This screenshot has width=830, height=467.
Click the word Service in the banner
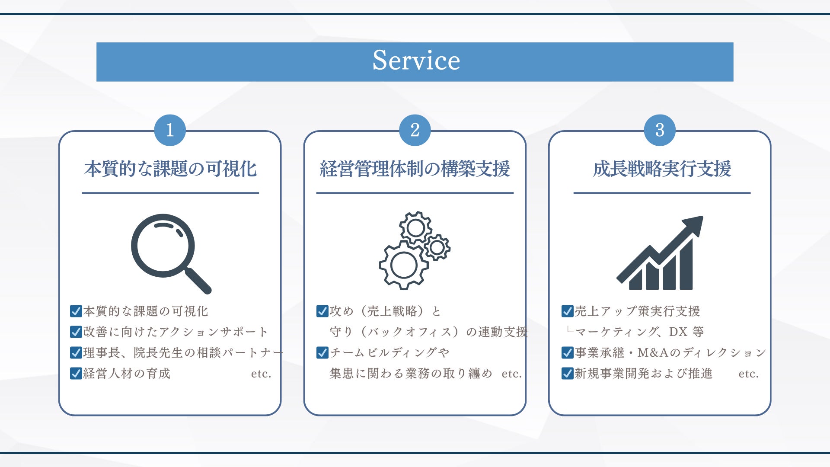tap(416, 61)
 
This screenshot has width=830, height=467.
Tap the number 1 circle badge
tap(170, 130)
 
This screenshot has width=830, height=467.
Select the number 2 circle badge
tap(415, 130)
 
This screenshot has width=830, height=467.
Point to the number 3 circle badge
tap(660, 130)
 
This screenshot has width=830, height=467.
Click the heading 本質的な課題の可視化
tap(170, 169)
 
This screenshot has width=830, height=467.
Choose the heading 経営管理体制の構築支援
tap(415, 169)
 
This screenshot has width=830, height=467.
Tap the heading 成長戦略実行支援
tap(662, 169)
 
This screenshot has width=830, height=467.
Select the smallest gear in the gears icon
tap(437, 248)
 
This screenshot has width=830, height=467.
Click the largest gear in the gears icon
tap(403, 265)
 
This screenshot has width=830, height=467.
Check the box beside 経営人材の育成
tap(76, 374)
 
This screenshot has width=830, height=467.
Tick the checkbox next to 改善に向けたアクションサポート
tap(76, 332)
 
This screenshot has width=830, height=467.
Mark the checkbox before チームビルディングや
tap(322, 353)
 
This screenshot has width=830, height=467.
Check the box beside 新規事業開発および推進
tap(567, 374)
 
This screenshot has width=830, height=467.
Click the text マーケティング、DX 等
tap(639, 332)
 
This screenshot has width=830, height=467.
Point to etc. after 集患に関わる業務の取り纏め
tap(512, 374)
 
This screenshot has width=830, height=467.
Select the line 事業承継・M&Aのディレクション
tap(670, 353)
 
